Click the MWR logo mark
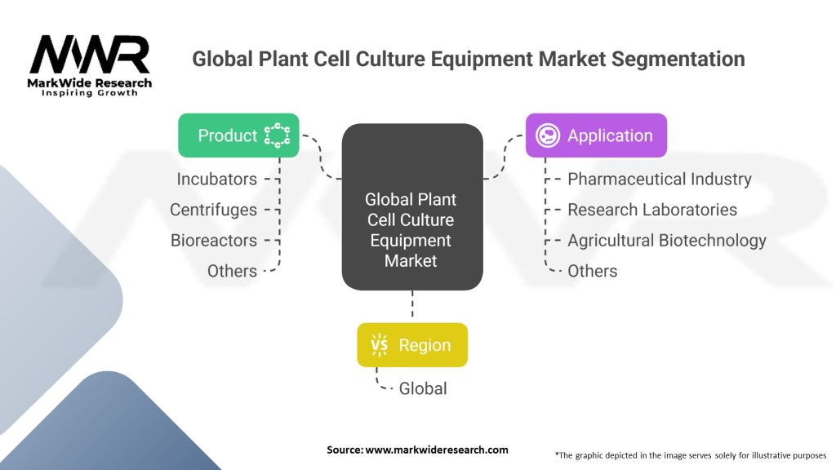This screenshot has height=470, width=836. pos(90,55)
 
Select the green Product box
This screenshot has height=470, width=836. pos(238,135)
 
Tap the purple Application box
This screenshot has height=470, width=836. pos(595,135)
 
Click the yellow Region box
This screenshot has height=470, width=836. pos(412,345)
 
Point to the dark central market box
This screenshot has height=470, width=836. pos(412,206)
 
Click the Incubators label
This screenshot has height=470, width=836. pos(217,179)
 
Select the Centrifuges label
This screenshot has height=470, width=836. pos(213,210)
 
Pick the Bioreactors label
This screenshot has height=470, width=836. pos(214,240)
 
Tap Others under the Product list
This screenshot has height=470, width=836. pos(232,271)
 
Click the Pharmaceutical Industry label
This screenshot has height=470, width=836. pos(659,179)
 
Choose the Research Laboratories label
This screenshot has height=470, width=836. pos(651,210)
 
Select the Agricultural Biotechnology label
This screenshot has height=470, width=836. pos(666,240)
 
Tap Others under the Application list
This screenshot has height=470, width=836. pos(592,271)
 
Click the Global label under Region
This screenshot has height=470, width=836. pos(423,388)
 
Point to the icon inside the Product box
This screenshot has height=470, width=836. pos(278,135)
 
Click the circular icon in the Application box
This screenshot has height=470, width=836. pos(548,135)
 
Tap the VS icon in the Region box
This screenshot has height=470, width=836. pos(380,345)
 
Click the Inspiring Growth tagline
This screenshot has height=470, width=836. pos(90,93)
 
